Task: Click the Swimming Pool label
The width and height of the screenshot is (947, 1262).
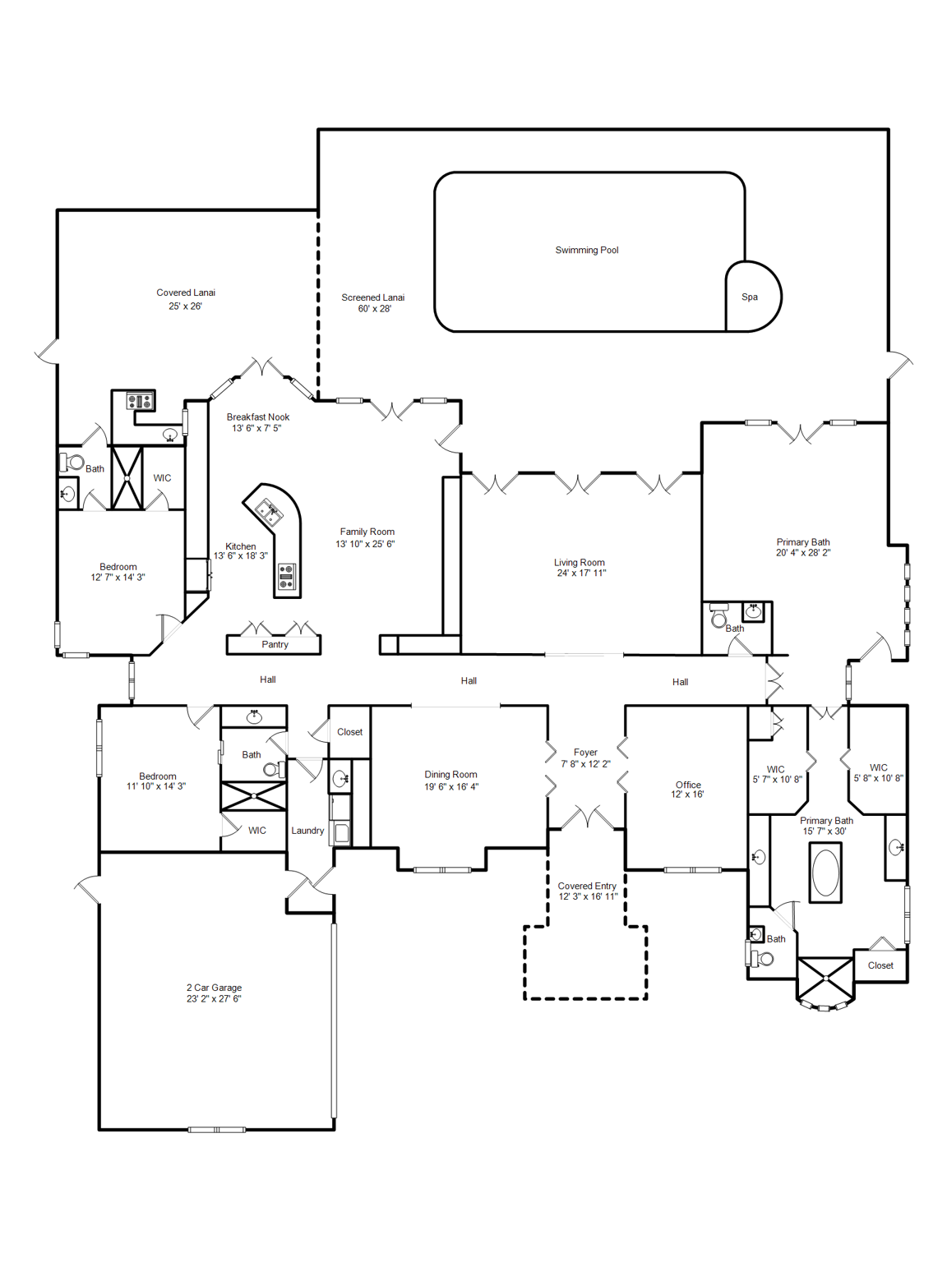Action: point(586,251)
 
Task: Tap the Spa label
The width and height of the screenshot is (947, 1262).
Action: point(749,297)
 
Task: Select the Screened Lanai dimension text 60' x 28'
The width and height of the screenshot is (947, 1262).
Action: point(374,309)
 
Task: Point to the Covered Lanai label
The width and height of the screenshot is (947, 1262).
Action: point(186,292)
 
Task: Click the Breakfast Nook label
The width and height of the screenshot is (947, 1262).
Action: point(258,417)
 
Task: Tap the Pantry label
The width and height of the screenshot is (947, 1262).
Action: point(275,645)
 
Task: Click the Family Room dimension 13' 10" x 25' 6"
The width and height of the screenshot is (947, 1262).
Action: point(365,544)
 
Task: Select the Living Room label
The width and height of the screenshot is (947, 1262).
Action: point(579,563)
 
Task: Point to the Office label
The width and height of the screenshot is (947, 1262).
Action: point(688,785)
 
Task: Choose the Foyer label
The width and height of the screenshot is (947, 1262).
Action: point(585,753)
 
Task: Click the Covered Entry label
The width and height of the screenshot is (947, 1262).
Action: point(587,886)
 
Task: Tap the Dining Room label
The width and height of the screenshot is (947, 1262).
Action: point(450,775)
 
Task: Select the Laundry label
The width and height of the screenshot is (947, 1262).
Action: point(307,831)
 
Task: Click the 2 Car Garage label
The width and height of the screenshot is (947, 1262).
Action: point(214,988)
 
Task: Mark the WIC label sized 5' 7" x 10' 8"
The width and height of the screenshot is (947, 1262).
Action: point(775,770)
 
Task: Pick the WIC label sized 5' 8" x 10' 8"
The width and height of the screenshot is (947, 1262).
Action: point(878,767)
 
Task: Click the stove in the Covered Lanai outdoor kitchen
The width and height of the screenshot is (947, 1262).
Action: point(140,402)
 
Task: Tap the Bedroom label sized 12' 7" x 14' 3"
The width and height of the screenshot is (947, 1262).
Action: point(118,567)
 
